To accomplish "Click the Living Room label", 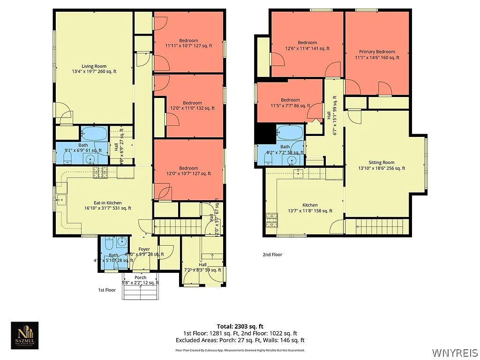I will click(94, 66).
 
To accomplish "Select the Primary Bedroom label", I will click(377, 52).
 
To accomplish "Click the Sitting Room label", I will click(381, 163).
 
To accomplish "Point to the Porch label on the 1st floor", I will click(140, 277).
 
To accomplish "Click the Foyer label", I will click(144, 249).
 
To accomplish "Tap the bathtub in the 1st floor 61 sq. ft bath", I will click(94, 134).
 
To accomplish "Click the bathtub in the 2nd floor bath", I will click(289, 133).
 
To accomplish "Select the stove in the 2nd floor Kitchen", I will click(271, 220).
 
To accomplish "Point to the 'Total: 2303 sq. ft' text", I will click(240, 326).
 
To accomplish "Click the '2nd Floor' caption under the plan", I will click(272, 255).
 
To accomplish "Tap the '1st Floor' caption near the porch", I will click(107, 290).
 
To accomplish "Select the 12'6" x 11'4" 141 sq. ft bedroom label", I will click(307, 43).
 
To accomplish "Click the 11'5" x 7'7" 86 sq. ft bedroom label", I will click(290, 100).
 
